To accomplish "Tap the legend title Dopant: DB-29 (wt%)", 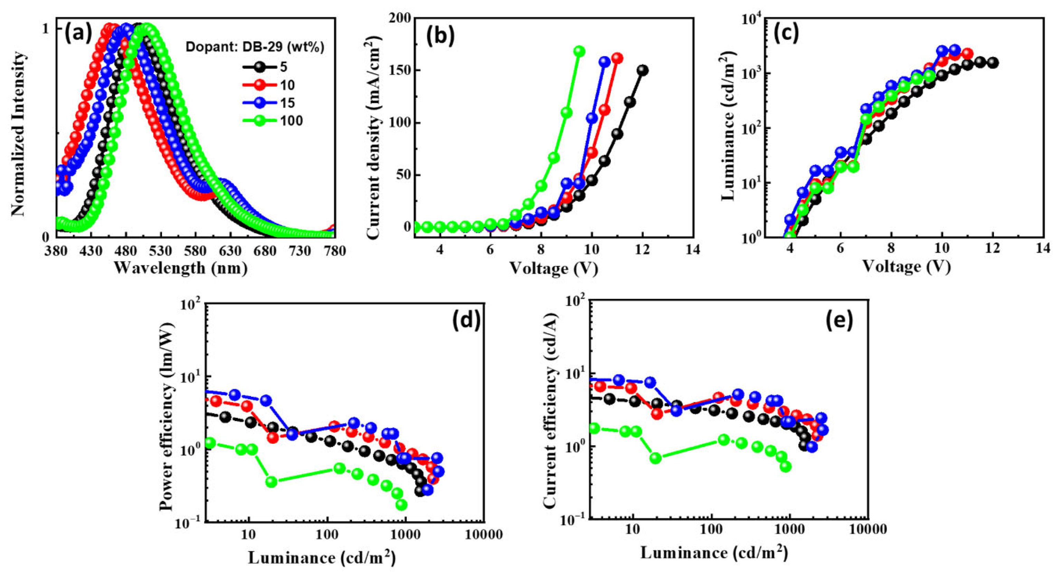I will pyautogui.click(x=255, y=47).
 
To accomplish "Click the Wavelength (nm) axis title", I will pyautogui.click(x=181, y=268).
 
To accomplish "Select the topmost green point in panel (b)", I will pyautogui.click(x=579, y=51).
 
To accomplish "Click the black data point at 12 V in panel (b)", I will pyautogui.click(x=643, y=70).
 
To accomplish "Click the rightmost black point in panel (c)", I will pyautogui.click(x=993, y=63).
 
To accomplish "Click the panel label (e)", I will pyautogui.click(x=839, y=320).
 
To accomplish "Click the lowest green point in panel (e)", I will pyautogui.click(x=786, y=467).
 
